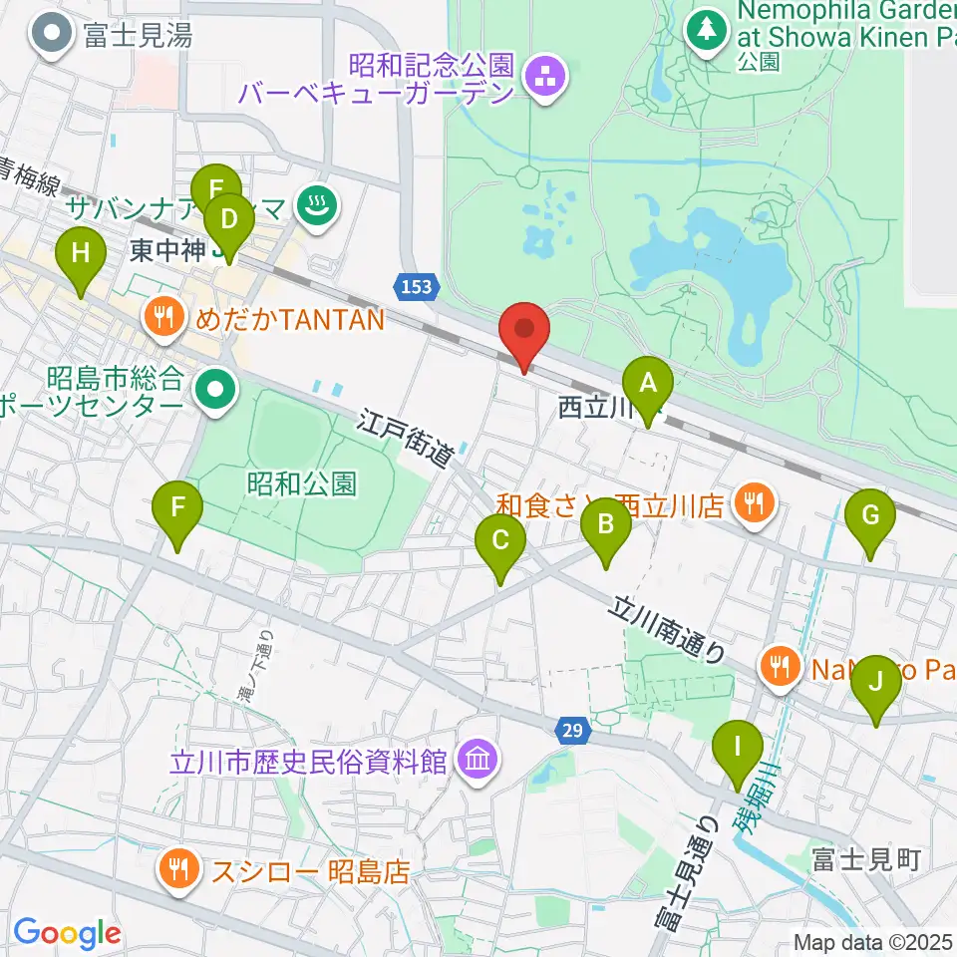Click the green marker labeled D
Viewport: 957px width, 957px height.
click(x=229, y=220)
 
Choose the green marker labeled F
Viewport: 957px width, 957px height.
click(x=177, y=508)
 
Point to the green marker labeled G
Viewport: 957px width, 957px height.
click(x=870, y=517)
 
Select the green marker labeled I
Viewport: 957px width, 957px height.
click(x=739, y=747)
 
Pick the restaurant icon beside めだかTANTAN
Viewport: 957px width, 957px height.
click(x=162, y=318)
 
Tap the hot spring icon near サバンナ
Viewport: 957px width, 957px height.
click(x=318, y=206)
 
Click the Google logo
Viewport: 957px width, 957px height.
click(x=67, y=933)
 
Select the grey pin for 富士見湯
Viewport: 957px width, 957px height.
click(x=49, y=37)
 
